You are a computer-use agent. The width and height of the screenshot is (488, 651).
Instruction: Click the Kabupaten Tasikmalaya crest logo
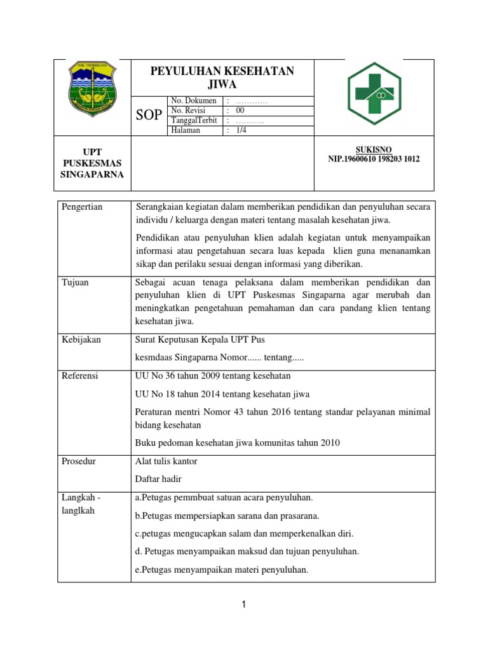[92, 89]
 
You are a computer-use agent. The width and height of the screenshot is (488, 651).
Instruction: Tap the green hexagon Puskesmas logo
[374, 93]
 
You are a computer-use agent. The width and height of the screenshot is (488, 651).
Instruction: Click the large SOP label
[149, 115]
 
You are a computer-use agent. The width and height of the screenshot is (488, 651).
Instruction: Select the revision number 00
[240, 110]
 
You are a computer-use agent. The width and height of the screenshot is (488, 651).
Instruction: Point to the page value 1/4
[241, 130]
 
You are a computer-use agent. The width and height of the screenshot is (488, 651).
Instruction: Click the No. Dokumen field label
[193, 100]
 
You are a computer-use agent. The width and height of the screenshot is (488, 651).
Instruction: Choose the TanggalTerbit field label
[194, 120]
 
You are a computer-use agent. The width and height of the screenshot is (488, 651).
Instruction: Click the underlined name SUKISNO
[374, 149]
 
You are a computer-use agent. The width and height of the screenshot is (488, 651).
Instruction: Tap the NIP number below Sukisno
[374, 160]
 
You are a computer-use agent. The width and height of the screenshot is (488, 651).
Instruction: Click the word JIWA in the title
[222, 84]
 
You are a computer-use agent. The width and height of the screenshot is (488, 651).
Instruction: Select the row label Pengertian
[83, 207]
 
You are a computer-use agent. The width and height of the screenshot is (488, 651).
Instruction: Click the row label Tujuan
[75, 282]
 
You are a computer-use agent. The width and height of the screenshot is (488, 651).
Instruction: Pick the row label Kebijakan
[81, 339]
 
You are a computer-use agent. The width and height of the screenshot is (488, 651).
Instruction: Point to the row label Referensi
[80, 376]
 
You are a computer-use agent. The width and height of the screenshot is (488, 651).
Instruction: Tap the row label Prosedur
[79, 461]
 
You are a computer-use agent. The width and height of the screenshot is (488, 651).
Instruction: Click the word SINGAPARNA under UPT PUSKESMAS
[92, 174]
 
